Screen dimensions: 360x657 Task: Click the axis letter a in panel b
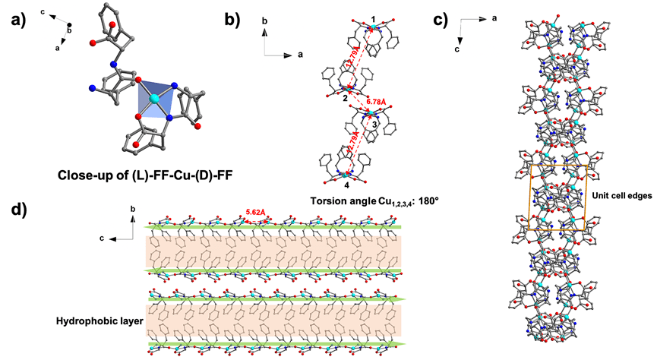(x=302, y=55)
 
